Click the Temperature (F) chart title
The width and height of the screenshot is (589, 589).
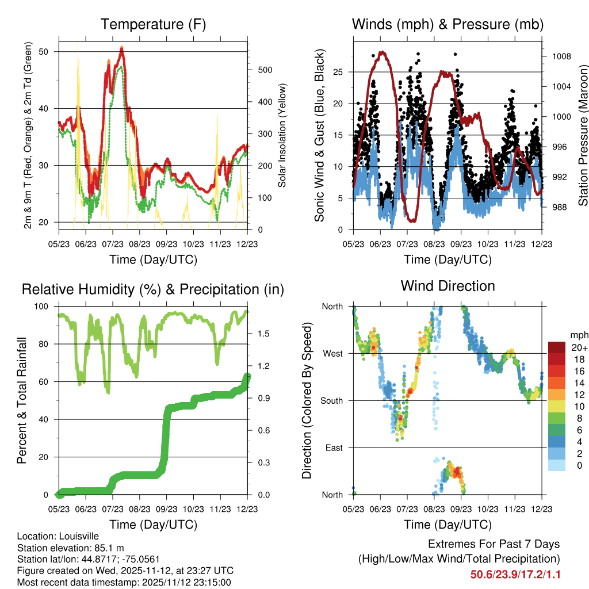[x=153, y=25]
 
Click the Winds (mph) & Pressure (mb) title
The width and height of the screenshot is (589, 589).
[x=448, y=25]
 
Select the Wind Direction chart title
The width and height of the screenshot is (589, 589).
[x=448, y=286]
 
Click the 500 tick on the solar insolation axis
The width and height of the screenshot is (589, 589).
[x=264, y=70]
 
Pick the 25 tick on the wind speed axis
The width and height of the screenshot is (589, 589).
[x=341, y=72]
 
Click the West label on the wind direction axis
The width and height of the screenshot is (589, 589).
[x=332, y=353]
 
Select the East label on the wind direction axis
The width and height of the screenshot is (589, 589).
[x=334, y=448]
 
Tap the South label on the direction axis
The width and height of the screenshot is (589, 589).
[x=331, y=400]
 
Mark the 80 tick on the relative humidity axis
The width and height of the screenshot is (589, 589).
[x=48, y=344]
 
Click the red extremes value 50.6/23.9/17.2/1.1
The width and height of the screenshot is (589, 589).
[x=515, y=574]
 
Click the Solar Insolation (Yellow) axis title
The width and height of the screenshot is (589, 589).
[x=282, y=135]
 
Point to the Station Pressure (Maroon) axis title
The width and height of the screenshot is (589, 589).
[x=582, y=135]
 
